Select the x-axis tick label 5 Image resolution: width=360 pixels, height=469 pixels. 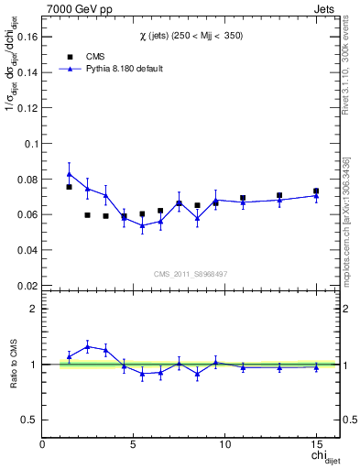pos(134,444)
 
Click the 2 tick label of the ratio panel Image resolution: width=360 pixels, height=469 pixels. pos(33,309)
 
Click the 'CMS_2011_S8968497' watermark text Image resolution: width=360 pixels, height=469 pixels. pos(191,273)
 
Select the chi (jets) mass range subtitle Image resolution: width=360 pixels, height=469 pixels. pos(191,34)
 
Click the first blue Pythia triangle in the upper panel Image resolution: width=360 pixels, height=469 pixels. pos(70,174)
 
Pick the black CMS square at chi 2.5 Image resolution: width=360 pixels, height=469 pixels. pos(88,215)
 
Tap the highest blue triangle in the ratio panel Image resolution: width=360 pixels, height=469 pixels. pos(88,346)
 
